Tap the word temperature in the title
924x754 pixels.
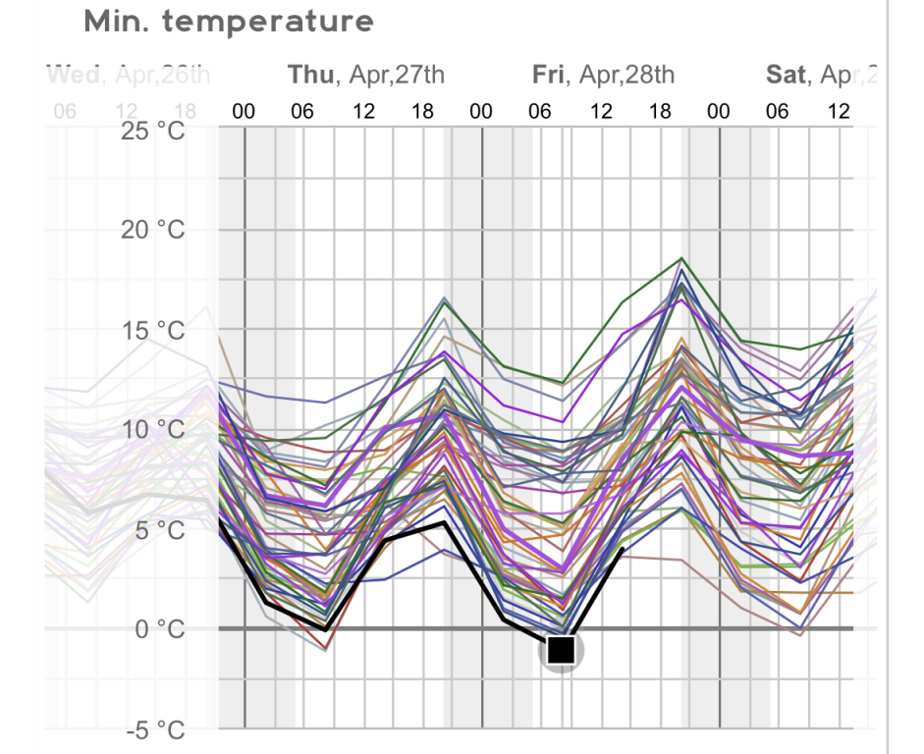click(x=267, y=22)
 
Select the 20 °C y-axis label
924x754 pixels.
click(x=157, y=230)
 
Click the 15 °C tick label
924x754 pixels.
click(x=157, y=330)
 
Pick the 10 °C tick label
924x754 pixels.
click(x=157, y=429)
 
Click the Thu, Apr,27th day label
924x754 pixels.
click(x=365, y=75)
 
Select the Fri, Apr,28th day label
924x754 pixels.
click(x=603, y=75)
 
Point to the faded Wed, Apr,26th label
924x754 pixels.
click(x=128, y=75)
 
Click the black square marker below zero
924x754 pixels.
click(x=561, y=649)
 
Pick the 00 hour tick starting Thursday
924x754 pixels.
click(x=244, y=111)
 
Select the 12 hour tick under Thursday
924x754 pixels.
click(x=363, y=111)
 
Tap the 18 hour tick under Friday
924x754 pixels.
click(x=660, y=111)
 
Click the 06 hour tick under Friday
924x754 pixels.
click(x=540, y=111)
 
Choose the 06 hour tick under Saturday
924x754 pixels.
click(x=778, y=111)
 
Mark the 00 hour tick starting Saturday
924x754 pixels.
click(x=719, y=111)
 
